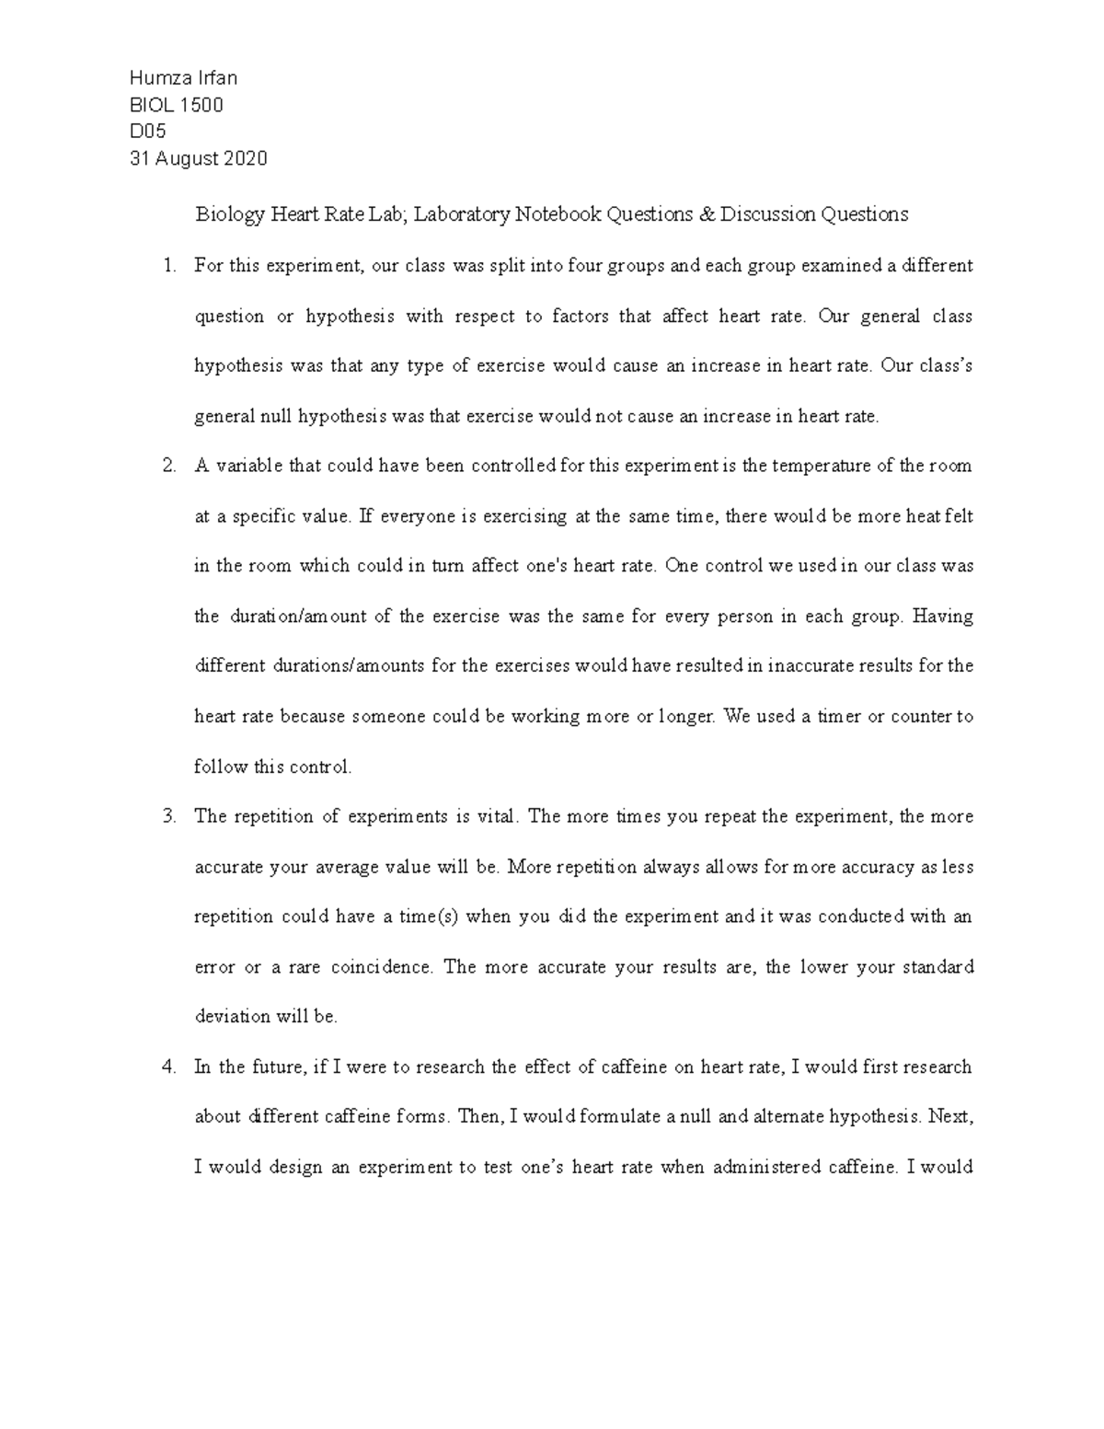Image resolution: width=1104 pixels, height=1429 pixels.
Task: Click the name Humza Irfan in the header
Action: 183,77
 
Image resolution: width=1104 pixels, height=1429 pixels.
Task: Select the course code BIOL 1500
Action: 176,105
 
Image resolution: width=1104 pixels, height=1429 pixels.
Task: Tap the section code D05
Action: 147,132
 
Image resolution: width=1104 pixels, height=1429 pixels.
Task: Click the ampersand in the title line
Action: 706,214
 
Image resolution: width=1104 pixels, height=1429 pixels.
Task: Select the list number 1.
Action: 167,266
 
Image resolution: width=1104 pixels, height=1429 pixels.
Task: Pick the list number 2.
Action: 167,466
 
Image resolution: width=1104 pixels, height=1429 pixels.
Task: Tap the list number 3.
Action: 167,816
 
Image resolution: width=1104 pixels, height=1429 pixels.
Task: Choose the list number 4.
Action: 167,1067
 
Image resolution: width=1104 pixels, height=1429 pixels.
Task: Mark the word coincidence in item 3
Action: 381,967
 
